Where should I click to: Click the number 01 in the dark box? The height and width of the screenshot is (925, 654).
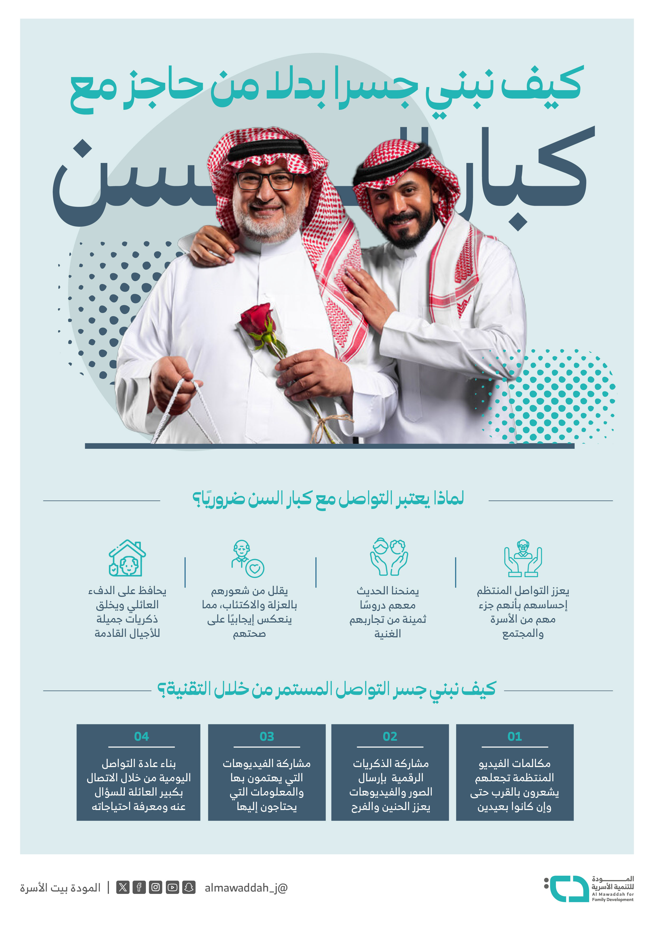point(514,736)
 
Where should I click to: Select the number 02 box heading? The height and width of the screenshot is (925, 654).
point(390,736)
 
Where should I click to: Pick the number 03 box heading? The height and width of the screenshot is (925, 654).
point(267,736)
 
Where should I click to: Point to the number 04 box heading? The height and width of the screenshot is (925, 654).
point(141,736)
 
